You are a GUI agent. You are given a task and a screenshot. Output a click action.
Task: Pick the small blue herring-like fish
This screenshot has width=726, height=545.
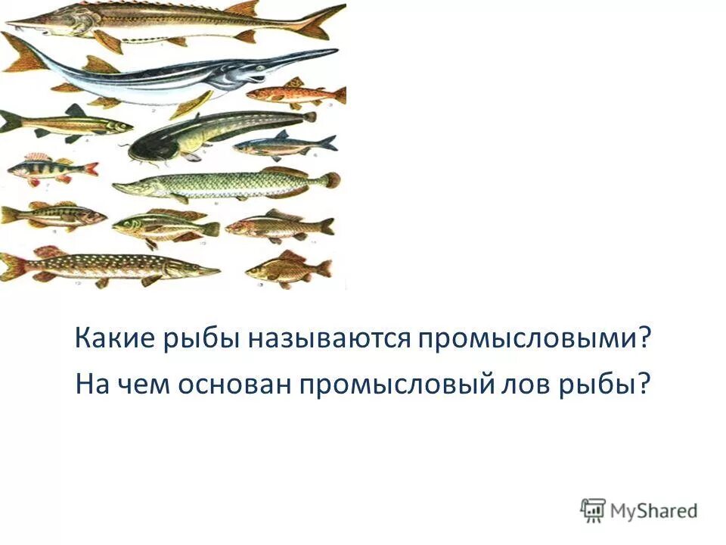click(284, 144)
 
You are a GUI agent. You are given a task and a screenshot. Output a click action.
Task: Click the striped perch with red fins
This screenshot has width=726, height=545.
click(50, 169)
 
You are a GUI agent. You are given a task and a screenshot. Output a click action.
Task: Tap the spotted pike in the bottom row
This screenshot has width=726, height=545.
click(106, 266)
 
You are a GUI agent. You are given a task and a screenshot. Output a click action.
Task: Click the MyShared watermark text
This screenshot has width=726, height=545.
click(655, 510)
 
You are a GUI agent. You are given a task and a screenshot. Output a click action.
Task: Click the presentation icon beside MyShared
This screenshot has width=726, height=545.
click(593, 509)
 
